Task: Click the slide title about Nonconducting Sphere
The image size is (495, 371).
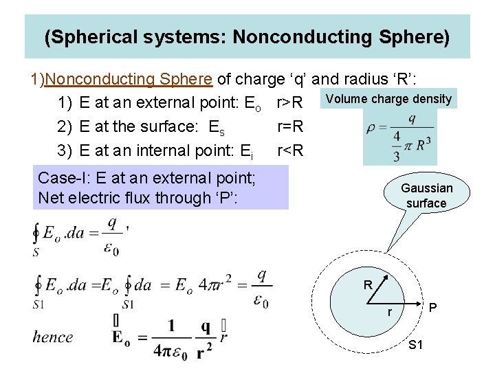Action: [247, 36]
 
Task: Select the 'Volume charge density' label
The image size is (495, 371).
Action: [388, 99]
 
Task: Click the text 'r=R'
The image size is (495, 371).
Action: [289, 127]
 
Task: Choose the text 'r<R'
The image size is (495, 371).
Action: [289, 150]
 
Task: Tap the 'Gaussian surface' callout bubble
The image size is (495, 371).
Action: [426, 195]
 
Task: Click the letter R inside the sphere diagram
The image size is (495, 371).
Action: [368, 284]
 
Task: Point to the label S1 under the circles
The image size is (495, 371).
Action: [415, 345]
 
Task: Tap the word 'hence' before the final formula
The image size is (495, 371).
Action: [52, 337]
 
